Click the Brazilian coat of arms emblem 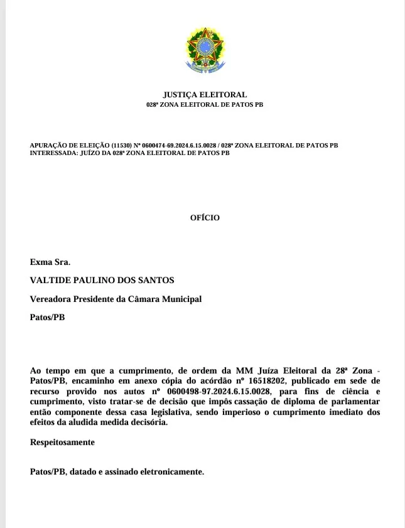coord(205,49)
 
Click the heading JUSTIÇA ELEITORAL coord(205,95)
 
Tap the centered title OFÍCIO coord(205,218)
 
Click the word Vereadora coord(52,299)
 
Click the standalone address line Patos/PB coord(47,318)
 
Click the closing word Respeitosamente coord(62,442)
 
